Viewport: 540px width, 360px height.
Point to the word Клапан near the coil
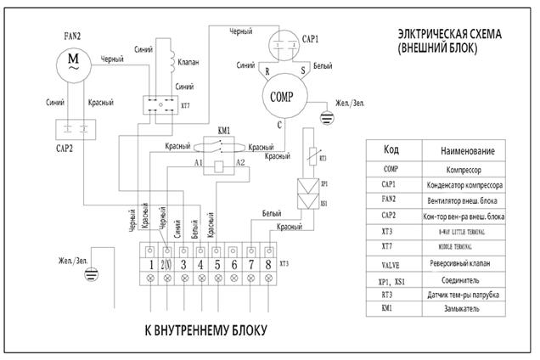coord(188,63)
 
